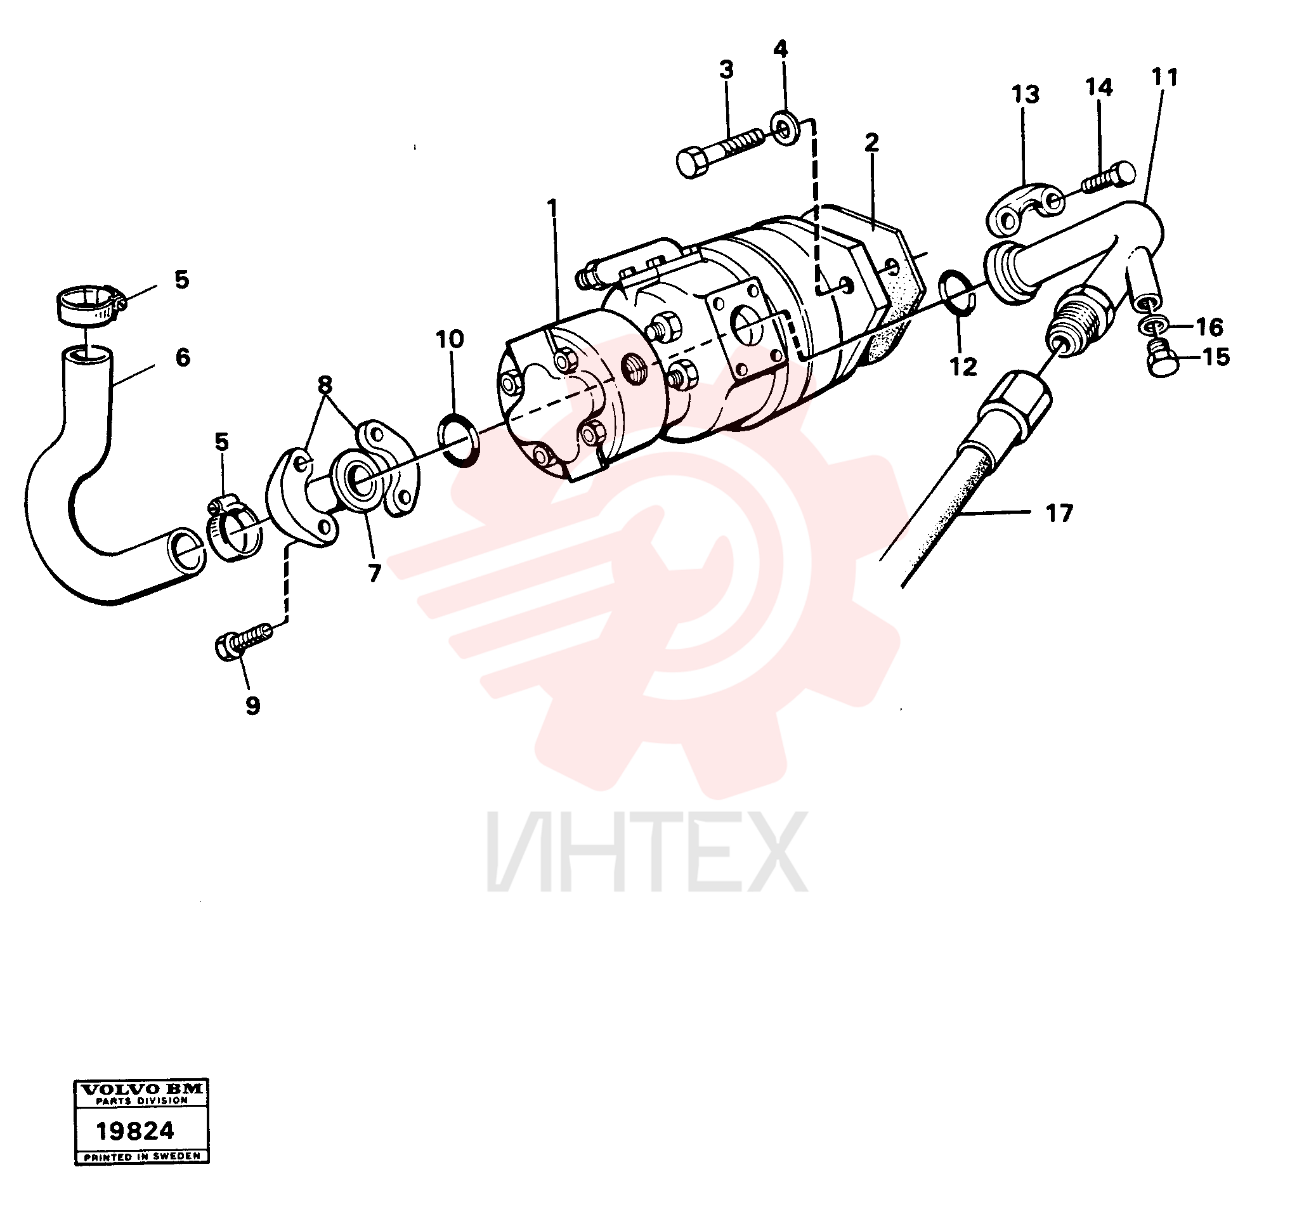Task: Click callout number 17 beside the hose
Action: [x=1059, y=514]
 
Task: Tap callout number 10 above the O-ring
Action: [x=450, y=339]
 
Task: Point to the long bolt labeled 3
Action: [x=720, y=152]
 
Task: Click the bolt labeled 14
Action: [x=1109, y=177]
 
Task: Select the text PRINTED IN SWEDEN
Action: [x=142, y=1157]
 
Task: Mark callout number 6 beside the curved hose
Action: [x=182, y=358]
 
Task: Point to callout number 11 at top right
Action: [x=1164, y=77]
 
